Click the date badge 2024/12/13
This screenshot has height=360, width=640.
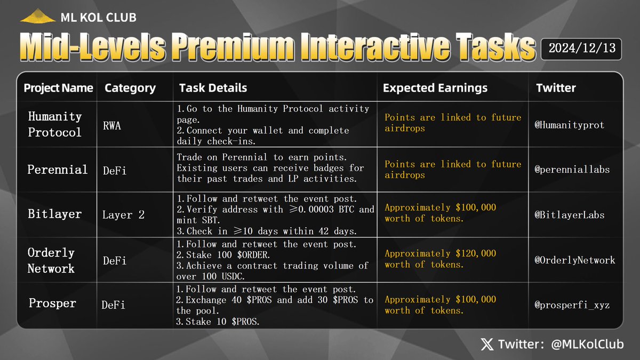tap(582, 48)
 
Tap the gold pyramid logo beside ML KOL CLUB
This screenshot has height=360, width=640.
tap(37, 17)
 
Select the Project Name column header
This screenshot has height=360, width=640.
tap(58, 88)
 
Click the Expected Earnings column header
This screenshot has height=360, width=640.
tap(435, 88)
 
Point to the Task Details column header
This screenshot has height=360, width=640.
tap(213, 88)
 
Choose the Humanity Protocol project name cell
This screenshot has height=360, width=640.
tap(55, 124)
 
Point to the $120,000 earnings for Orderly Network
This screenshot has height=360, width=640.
tap(440, 259)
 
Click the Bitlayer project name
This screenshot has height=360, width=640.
tap(54, 214)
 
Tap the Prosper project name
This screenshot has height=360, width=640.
tap(52, 303)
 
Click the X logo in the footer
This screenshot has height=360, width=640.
tap(487, 345)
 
